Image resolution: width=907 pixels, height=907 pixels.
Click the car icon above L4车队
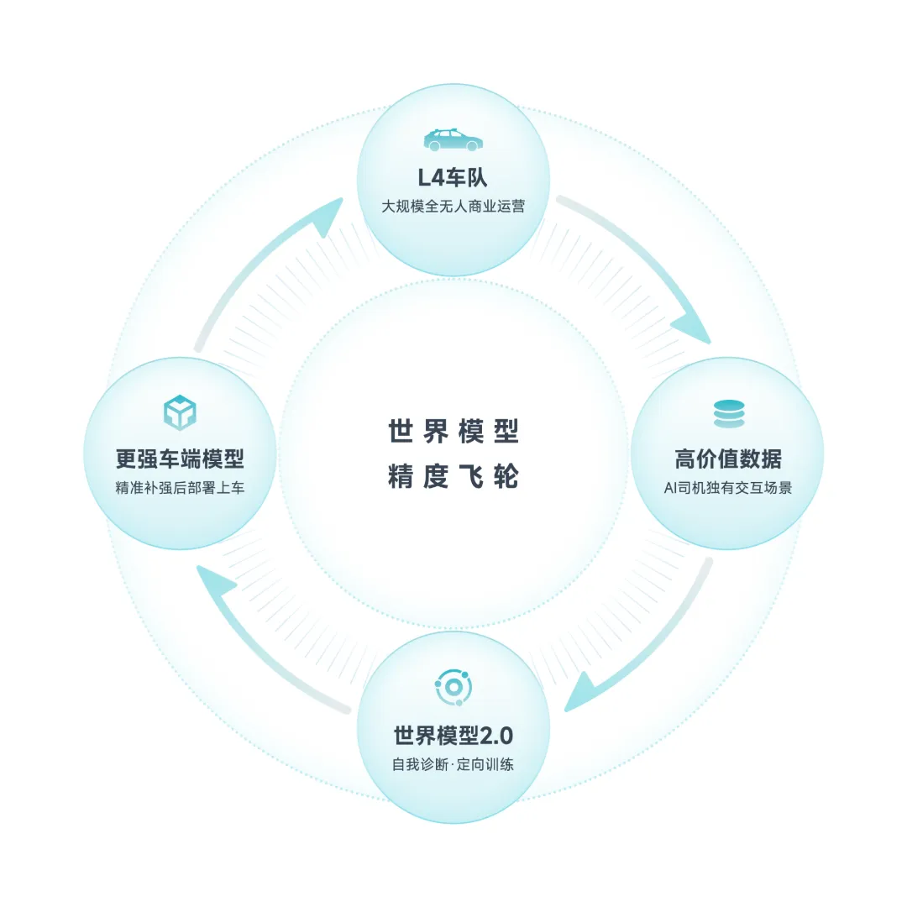coord(453,139)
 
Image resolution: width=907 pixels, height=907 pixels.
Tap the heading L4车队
coord(453,178)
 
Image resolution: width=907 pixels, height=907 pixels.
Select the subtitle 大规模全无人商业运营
coord(453,206)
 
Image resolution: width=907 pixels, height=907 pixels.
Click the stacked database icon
coord(728,414)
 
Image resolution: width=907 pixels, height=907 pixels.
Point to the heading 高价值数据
coord(728,459)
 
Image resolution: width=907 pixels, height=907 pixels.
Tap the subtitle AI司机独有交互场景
coord(728,487)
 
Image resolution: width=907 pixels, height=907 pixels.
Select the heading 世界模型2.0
coord(453,736)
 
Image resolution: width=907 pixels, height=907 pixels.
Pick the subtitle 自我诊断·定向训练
coord(453,764)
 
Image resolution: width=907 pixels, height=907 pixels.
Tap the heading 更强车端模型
coord(180,459)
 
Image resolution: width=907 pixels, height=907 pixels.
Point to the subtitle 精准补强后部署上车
coord(180,487)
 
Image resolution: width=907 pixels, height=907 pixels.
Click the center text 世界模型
coord(453,432)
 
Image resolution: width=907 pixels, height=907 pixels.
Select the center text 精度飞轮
coord(453,476)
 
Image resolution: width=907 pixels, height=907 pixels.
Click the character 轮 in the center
coord(506,476)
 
